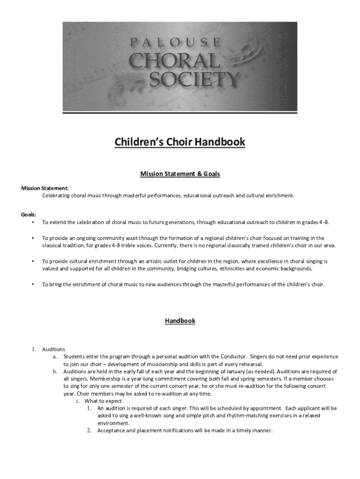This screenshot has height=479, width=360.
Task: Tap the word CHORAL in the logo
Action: click(x=174, y=61)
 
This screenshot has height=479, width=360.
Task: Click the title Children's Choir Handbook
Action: click(x=180, y=142)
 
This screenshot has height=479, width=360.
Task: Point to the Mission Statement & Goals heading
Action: click(x=180, y=174)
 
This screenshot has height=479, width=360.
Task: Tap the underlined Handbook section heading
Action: click(x=180, y=321)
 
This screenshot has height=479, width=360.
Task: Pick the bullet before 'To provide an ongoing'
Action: click(x=33, y=238)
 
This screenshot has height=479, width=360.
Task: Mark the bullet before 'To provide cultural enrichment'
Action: click(x=33, y=261)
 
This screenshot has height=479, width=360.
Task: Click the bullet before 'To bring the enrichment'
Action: click(x=33, y=284)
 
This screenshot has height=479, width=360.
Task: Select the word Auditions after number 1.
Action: click(x=54, y=349)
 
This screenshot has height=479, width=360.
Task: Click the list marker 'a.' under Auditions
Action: click(x=55, y=356)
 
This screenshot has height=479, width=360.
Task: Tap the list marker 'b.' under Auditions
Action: click(x=55, y=371)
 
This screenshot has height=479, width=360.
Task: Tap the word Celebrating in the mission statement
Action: click(x=56, y=195)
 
